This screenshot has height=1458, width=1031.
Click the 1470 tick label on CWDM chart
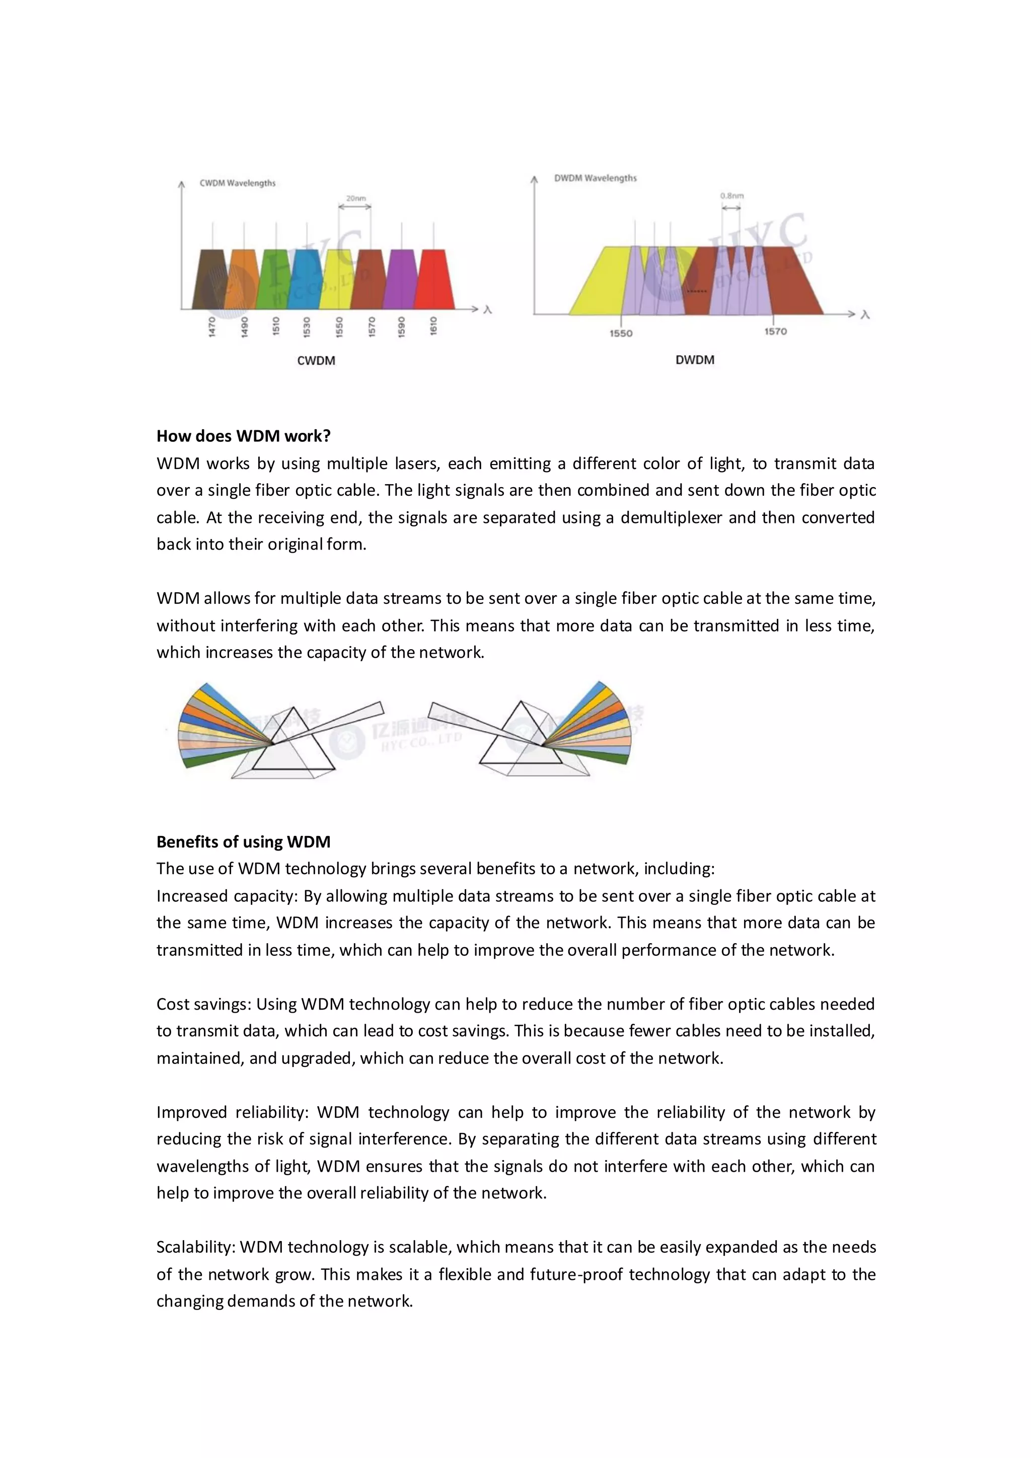(x=211, y=327)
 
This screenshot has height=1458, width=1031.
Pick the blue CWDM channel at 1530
(x=307, y=279)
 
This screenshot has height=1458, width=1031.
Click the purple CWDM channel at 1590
(x=401, y=279)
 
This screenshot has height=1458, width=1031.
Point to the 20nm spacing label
(x=356, y=198)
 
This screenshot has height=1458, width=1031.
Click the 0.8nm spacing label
(x=732, y=196)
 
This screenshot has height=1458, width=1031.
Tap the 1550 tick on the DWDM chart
(x=621, y=333)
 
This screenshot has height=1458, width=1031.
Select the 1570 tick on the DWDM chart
(x=775, y=332)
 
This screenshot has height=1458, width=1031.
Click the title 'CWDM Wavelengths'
(x=238, y=183)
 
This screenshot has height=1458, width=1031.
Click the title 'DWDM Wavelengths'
(x=595, y=178)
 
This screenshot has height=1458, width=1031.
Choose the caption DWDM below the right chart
(x=694, y=360)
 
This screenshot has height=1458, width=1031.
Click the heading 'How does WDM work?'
(x=243, y=436)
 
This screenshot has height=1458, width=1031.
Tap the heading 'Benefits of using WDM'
(x=243, y=842)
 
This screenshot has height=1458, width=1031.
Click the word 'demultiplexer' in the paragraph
(x=671, y=517)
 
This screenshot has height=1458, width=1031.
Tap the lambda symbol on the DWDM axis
(x=864, y=315)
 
